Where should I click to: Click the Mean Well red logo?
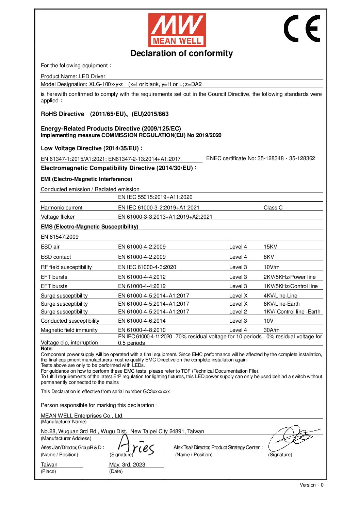point(177,30)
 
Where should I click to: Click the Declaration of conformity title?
point(181,53)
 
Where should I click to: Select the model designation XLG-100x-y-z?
point(106,84)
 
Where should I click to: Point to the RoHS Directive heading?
point(63,114)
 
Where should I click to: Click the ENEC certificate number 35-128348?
point(271,158)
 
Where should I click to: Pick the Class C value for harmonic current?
point(273,208)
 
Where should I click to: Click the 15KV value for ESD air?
point(270,247)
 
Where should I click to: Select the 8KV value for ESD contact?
point(268,257)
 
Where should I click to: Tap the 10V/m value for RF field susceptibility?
point(272,267)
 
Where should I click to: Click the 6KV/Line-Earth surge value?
point(281,304)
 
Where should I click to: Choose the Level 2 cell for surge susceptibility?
point(238,312)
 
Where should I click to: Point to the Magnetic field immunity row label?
point(69,330)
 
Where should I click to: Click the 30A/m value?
point(271,330)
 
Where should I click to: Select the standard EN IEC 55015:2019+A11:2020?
point(155,197)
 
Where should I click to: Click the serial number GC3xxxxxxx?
point(156,392)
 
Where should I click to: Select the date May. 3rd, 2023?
point(127,465)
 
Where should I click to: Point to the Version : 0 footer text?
point(311,485)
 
